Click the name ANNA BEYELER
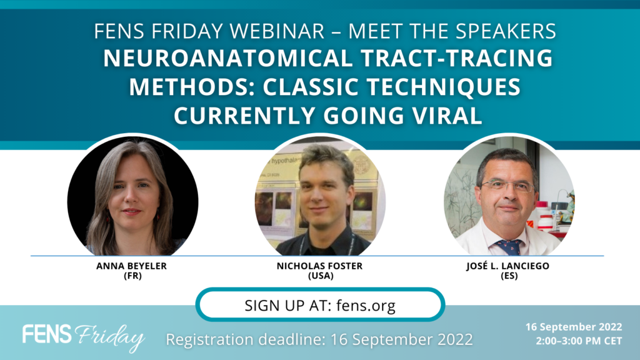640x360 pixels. point(131,266)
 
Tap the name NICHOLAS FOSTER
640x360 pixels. point(319,266)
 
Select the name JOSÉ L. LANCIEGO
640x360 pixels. point(507,266)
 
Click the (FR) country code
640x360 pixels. point(132,276)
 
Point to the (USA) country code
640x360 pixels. point(321,276)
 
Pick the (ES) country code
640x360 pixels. point(509,276)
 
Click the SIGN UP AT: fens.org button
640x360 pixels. point(320,305)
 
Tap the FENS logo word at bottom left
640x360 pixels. point(47,334)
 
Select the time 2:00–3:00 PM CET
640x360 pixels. point(579,341)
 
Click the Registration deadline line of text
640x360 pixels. point(319,339)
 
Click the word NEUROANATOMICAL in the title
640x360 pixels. point(227,58)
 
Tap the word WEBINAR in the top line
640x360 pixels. point(277,31)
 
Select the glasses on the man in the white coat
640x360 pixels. point(507,186)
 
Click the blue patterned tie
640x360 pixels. point(509,246)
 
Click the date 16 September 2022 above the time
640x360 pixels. point(574,327)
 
